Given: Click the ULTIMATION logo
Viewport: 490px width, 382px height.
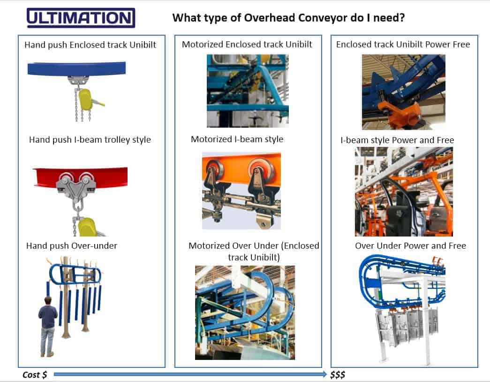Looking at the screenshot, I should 81,18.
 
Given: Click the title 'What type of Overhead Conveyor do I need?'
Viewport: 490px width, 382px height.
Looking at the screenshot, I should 289,18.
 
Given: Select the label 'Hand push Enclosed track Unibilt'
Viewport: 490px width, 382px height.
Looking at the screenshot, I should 90,45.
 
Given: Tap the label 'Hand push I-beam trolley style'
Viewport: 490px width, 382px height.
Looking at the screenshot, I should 90,139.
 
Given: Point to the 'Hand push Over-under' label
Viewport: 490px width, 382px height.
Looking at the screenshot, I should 72,245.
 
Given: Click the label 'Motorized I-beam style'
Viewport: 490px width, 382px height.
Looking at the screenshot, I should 237,139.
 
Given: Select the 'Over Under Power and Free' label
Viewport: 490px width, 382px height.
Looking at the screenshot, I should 410,245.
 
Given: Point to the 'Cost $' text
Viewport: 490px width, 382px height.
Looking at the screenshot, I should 35,374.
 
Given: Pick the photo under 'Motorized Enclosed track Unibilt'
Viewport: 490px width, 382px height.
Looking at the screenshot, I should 248,91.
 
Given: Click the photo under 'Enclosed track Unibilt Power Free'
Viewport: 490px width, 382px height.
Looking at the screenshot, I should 403,92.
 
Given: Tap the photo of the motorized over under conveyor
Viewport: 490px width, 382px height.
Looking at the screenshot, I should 245,312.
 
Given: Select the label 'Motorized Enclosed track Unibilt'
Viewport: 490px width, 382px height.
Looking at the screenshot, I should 247,45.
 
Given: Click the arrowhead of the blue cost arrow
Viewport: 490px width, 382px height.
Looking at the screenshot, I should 324,374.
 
